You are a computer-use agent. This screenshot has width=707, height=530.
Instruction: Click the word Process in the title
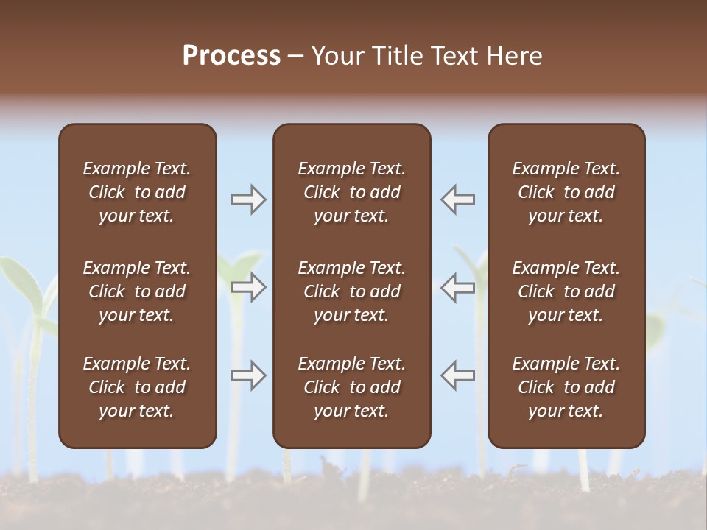coord(231,56)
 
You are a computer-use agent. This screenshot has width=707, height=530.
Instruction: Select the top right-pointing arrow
coord(248,199)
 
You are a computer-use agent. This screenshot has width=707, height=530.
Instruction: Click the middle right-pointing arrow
coord(248,287)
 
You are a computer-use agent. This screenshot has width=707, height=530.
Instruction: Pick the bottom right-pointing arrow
coord(248,375)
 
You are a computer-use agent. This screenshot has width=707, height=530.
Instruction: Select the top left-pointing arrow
coord(458,199)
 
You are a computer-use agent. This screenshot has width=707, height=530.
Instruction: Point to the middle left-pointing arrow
coord(458,287)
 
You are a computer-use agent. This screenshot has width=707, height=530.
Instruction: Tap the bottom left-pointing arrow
coord(458,375)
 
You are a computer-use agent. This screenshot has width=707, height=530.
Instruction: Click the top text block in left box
coord(137,192)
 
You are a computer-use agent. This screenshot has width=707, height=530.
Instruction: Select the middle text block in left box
coord(137,291)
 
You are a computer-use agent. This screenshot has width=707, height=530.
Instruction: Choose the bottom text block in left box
coord(137,387)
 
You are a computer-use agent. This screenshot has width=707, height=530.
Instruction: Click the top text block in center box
coord(351,192)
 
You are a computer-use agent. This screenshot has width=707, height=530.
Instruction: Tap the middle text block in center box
coord(351,291)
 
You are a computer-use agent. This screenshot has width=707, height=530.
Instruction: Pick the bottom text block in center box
coord(351,387)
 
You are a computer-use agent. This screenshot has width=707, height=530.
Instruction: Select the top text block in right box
coord(566,192)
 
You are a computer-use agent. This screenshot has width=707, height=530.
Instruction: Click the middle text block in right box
coord(566,291)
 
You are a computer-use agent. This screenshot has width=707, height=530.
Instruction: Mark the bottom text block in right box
coord(566,387)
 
